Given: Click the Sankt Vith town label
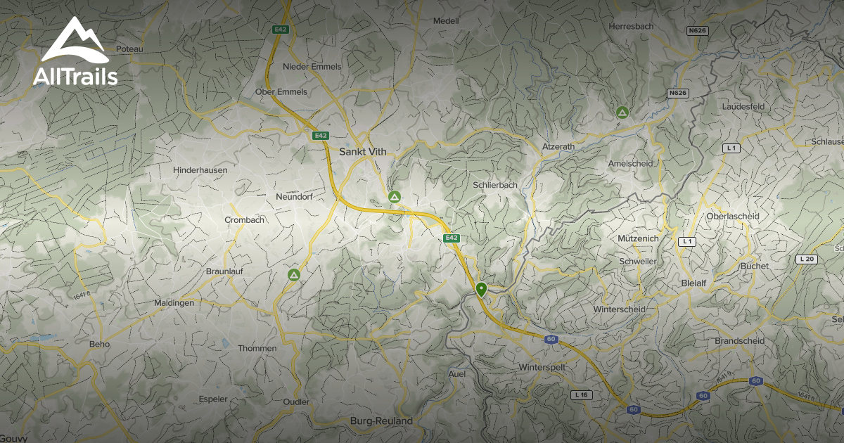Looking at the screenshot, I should tap(362, 152).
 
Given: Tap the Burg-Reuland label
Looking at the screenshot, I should tap(381, 421).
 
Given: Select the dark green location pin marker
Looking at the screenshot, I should tap(481, 289).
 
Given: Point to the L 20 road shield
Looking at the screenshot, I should tap(806, 259).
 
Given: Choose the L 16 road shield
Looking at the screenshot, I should tap(581, 394).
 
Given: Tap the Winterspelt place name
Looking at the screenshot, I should tap(542, 368).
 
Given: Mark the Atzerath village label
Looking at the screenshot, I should tap(558, 146).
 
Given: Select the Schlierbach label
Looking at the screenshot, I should tap(495, 185).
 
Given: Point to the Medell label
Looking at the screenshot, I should tap(446, 21).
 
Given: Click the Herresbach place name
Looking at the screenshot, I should tap(631, 26).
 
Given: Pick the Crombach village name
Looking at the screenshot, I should tap(244, 220).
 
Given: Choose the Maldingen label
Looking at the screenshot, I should tap(174, 303).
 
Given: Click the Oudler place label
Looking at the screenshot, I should tap(295, 402).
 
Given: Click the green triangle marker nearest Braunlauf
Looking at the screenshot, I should tap(294, 274).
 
